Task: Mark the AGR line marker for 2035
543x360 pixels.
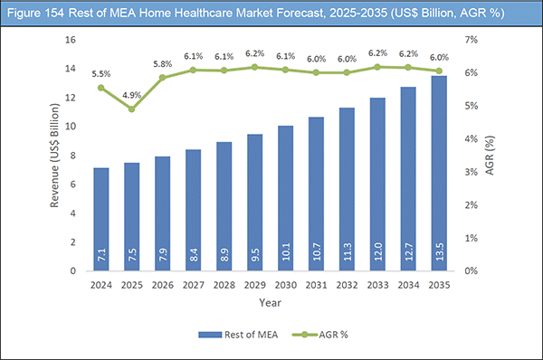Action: tap(437, 71)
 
